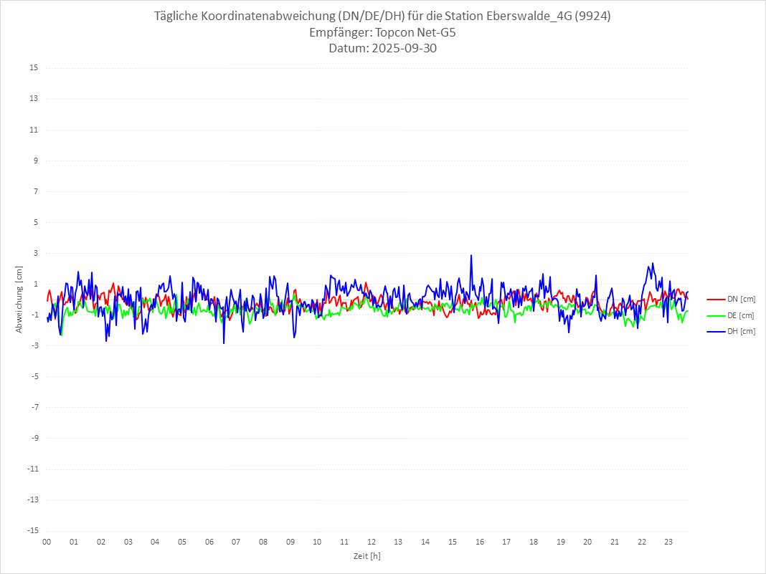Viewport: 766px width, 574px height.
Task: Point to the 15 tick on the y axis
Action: coord(34,68)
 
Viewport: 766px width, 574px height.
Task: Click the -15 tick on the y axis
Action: coord(32,530)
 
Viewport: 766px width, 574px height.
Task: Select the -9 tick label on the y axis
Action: coord(34,438)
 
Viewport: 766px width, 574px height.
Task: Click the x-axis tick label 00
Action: coord(47,542)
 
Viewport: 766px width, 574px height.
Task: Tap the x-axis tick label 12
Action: coord(372,542)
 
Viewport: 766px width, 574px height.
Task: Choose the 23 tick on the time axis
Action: coord(669,542)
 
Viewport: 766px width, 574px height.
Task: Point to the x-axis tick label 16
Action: coord(480,542)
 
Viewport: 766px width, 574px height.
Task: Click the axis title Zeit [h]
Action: coord(367,555)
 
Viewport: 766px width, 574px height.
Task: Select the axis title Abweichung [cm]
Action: coord(19,299)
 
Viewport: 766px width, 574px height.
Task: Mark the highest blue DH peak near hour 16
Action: coord(471,255)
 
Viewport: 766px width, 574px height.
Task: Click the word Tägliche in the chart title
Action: coord(177,16)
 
